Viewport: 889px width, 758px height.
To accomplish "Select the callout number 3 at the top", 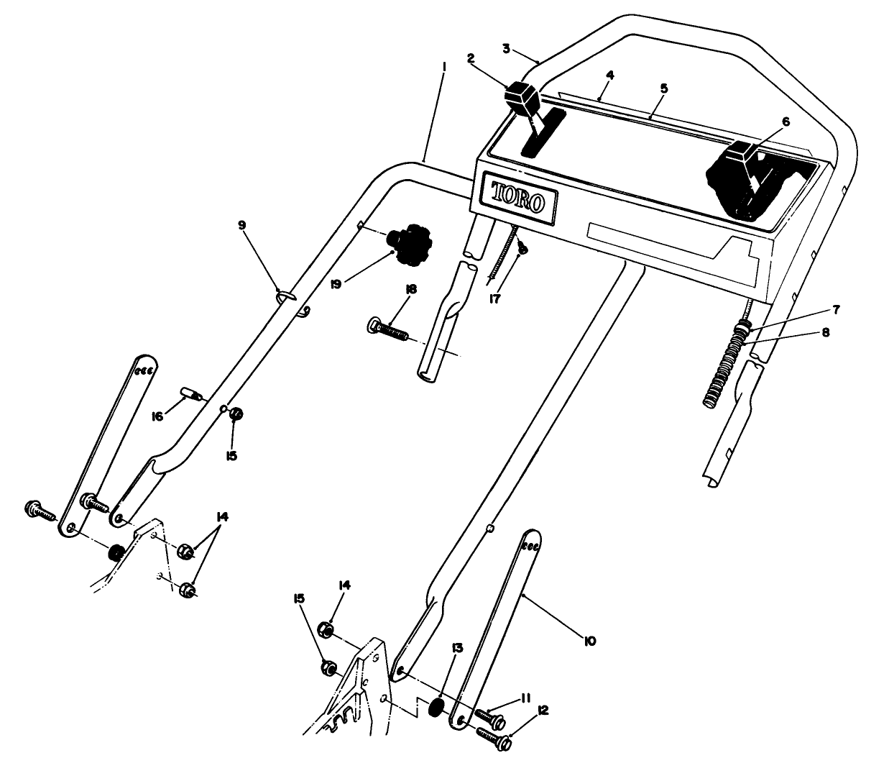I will (x=506, y=48).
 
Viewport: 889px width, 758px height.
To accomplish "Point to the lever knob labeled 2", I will (x=522, y=97).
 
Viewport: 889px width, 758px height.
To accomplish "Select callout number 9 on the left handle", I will (x=242, y=225).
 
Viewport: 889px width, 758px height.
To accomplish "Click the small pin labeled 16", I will (x=191, y=393).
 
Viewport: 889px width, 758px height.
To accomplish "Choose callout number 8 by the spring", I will (x=826, y=333).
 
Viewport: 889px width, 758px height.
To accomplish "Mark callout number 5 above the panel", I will (x=664, y=88).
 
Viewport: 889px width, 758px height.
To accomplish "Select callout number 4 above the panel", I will (x=609, y=75).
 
